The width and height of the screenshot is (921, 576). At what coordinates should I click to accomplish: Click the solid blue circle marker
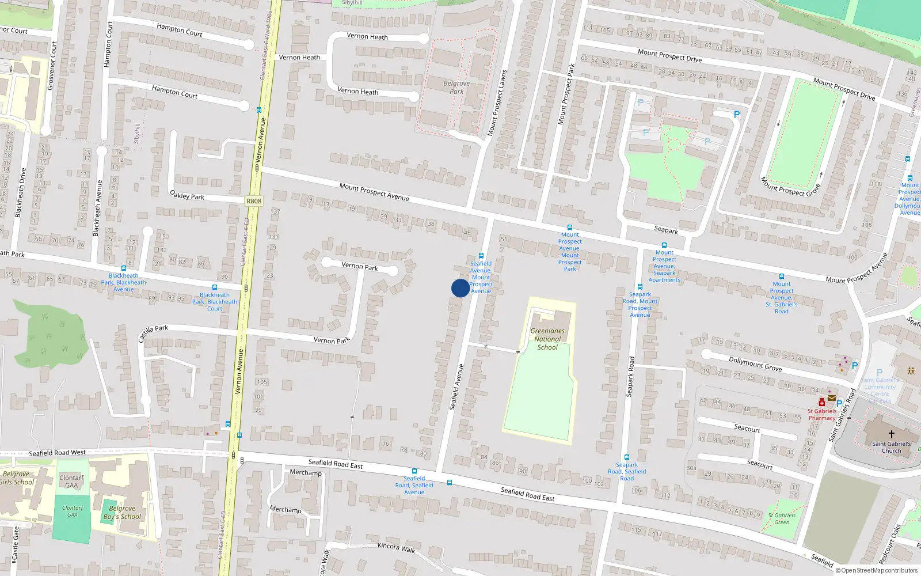point(460,288)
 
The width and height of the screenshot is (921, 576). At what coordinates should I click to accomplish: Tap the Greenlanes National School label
point(547,339)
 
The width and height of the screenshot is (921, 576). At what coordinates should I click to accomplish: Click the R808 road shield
point(253,201)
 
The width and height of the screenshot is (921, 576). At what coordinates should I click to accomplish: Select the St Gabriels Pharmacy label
point(821,415)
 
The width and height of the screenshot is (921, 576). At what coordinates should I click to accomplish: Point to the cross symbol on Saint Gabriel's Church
point(891,434)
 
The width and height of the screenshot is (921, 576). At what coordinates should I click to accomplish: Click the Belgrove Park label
point(456,88)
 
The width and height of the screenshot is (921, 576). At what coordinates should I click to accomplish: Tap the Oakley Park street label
point(187,196)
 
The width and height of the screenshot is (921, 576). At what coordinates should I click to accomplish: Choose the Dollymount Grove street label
point(755,363)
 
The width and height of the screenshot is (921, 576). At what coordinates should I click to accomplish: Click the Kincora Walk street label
point(396,547)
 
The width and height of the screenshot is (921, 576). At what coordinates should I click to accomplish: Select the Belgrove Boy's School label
point(122,513)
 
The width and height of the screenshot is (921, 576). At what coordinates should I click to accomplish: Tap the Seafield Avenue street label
point(456,386)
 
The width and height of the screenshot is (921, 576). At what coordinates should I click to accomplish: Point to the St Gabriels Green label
point(782,519)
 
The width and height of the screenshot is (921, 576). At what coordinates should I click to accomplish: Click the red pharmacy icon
point(822,403)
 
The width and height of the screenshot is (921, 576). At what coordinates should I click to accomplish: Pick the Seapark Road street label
point(630,376)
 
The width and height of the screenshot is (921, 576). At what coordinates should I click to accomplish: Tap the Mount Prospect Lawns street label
point(497,103)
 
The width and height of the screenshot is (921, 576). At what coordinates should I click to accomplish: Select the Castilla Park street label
point(153,332)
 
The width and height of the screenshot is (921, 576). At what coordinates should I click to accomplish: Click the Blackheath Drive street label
point(21,192)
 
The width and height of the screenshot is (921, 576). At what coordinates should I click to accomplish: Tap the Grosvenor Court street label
point(52,65)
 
